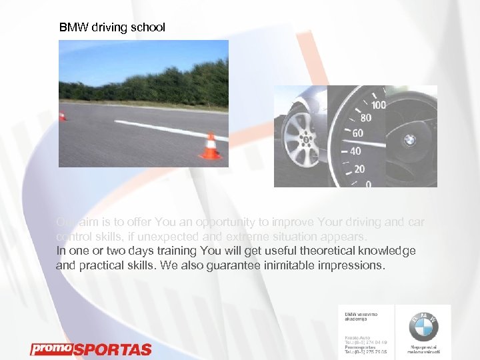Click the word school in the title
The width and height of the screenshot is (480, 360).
tap(148, 28)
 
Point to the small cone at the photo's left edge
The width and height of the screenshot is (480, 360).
tap(62, 116)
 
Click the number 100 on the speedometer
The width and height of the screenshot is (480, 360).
tap(378, 105)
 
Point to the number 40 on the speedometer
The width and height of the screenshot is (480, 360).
tap(355, 151)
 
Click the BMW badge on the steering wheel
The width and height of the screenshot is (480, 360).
tap(410, 140)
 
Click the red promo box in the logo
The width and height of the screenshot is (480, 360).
tap(51, 348)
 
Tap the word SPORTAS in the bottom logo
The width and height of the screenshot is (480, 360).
tap(112, 349)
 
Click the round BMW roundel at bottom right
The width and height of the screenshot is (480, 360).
tap(423, 327)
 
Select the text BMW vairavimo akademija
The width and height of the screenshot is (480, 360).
tap(361, 316)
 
